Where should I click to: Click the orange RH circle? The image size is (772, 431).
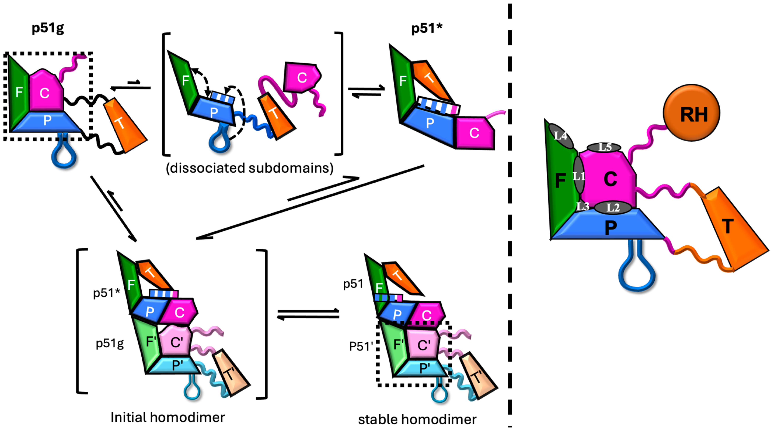coord(691,113)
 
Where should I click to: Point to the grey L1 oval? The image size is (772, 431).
coord(579,175)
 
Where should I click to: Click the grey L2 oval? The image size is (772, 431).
coord(613,207)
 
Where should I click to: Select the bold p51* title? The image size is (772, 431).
coord(427,28)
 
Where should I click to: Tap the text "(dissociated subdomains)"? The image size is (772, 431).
coord(250,168)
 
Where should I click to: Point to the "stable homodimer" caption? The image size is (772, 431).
coord(417,419)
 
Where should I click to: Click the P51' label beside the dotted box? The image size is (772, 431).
coord(361,346)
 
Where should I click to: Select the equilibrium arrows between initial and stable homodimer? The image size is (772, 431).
coord(308,314)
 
